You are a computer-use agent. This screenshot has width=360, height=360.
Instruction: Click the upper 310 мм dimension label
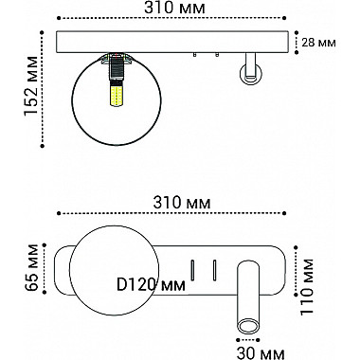[176, 9]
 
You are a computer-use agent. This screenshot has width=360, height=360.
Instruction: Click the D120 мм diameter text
[151, 283]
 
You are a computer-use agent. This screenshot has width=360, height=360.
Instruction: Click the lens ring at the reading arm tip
[248, 327]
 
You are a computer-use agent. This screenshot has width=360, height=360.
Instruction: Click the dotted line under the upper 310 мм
[176, 21]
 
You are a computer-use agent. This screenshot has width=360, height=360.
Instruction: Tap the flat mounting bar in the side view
[176, 42]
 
